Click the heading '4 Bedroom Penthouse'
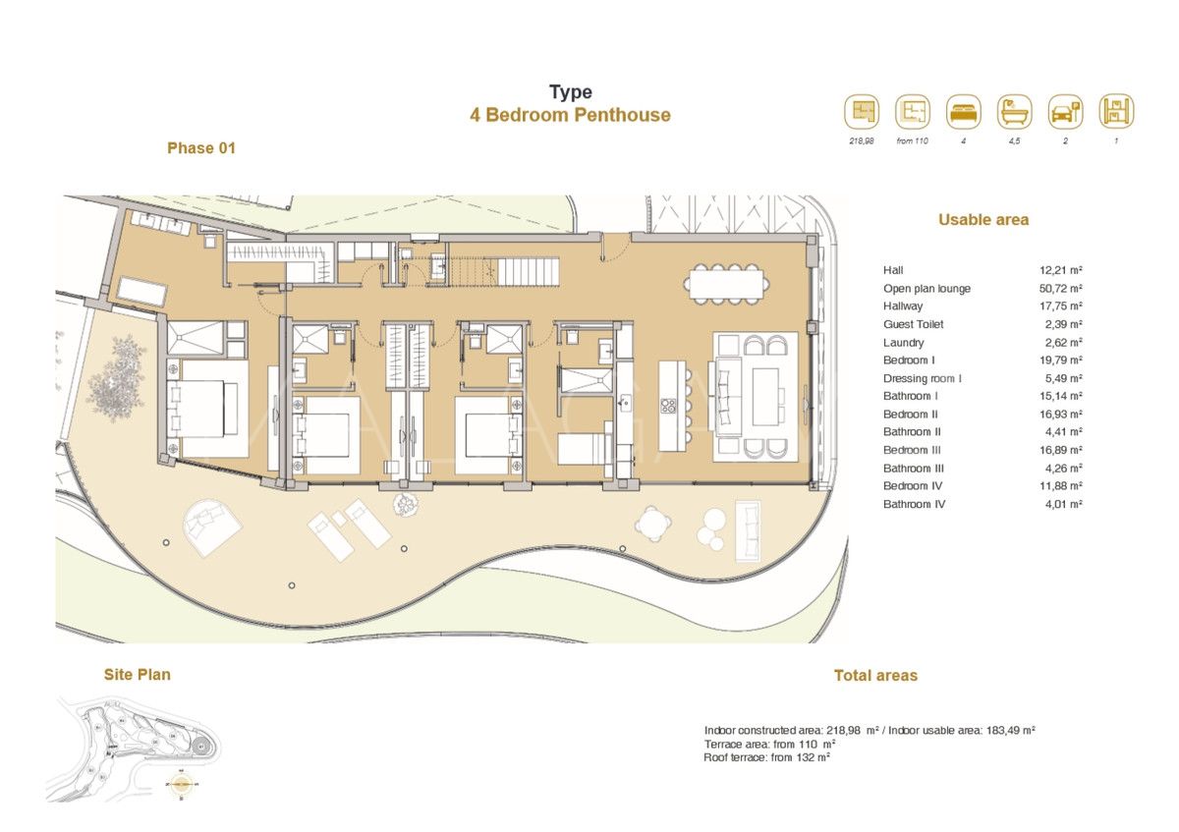570,115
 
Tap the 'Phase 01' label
201,148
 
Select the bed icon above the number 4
964,112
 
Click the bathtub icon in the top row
1014,112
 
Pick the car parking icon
1065,112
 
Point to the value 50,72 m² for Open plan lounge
1060,289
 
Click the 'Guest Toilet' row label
913,324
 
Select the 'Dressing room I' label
923,378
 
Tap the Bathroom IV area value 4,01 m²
1060,504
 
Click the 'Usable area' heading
983,220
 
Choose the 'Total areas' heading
875,676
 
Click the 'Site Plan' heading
137,675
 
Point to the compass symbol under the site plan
181,785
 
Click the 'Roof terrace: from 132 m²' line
767,757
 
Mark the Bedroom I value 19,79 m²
1060,361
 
